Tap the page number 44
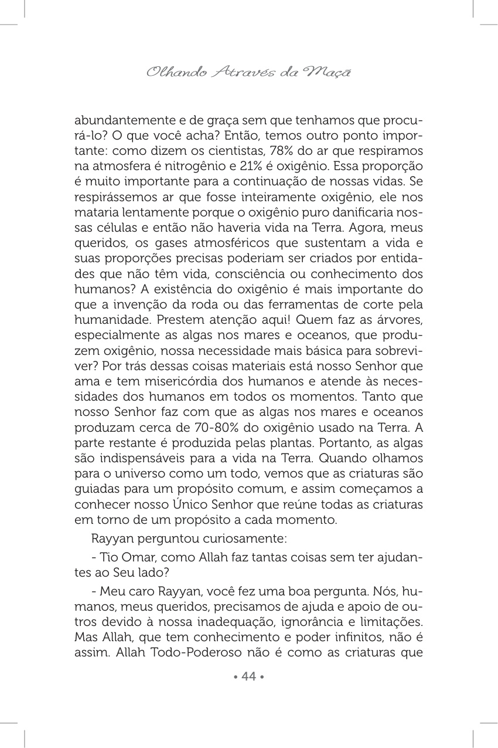pos(249,676)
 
